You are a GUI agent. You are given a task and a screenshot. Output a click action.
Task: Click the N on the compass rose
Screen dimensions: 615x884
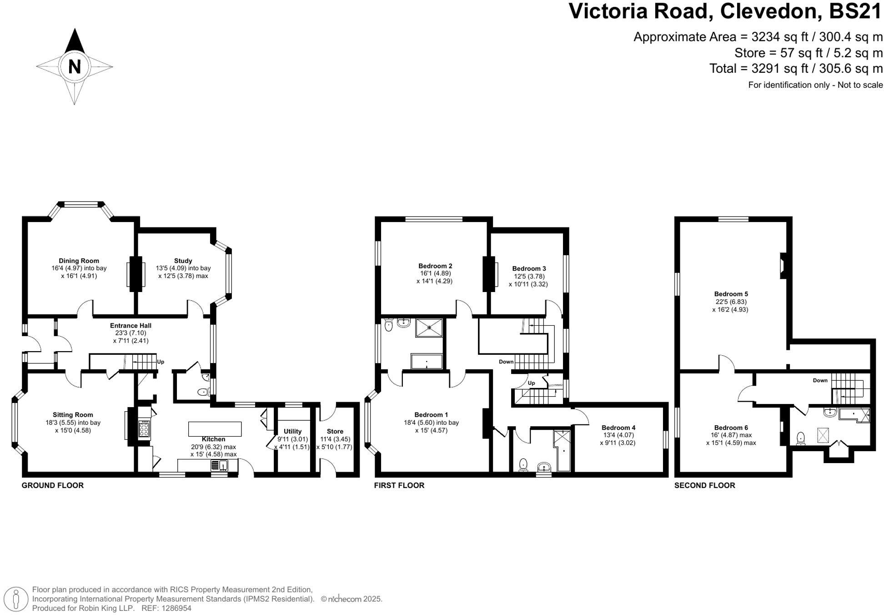click(x=74, y=67)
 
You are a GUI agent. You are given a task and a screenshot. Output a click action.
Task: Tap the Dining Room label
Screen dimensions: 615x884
click(x=79, y=261)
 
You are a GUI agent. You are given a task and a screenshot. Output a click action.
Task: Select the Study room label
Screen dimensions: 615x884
click(x=183, y=261)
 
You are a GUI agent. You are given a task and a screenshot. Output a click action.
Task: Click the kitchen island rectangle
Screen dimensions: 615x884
click(x=215, y=428)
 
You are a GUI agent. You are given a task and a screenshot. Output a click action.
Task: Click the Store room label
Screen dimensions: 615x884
click(x=335, y=431)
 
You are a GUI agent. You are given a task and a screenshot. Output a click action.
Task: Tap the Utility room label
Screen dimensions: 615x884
click(x=292, y=431)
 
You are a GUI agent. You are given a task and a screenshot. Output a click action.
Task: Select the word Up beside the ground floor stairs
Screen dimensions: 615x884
click(x=161, y=362)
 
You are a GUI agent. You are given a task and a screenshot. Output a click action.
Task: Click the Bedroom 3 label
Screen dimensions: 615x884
click(x=529, y=268)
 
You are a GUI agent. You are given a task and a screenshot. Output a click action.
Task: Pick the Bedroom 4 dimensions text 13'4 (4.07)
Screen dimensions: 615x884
click(x=618, y=435)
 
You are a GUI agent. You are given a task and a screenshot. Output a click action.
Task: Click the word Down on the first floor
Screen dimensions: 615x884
click(x=506, y=362)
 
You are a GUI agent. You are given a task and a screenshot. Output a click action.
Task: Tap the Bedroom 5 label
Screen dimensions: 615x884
click(x=731, y=294)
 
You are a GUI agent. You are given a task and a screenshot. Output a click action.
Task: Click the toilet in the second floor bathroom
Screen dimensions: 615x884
click(x=801, y=439)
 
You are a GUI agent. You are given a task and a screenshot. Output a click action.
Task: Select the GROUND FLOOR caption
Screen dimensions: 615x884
click(x=53, y=485)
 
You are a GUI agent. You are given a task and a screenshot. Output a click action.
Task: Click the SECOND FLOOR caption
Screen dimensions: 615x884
click(x=704, y=485)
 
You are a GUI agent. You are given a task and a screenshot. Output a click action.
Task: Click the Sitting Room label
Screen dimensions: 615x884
click(x=73, y=414)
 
